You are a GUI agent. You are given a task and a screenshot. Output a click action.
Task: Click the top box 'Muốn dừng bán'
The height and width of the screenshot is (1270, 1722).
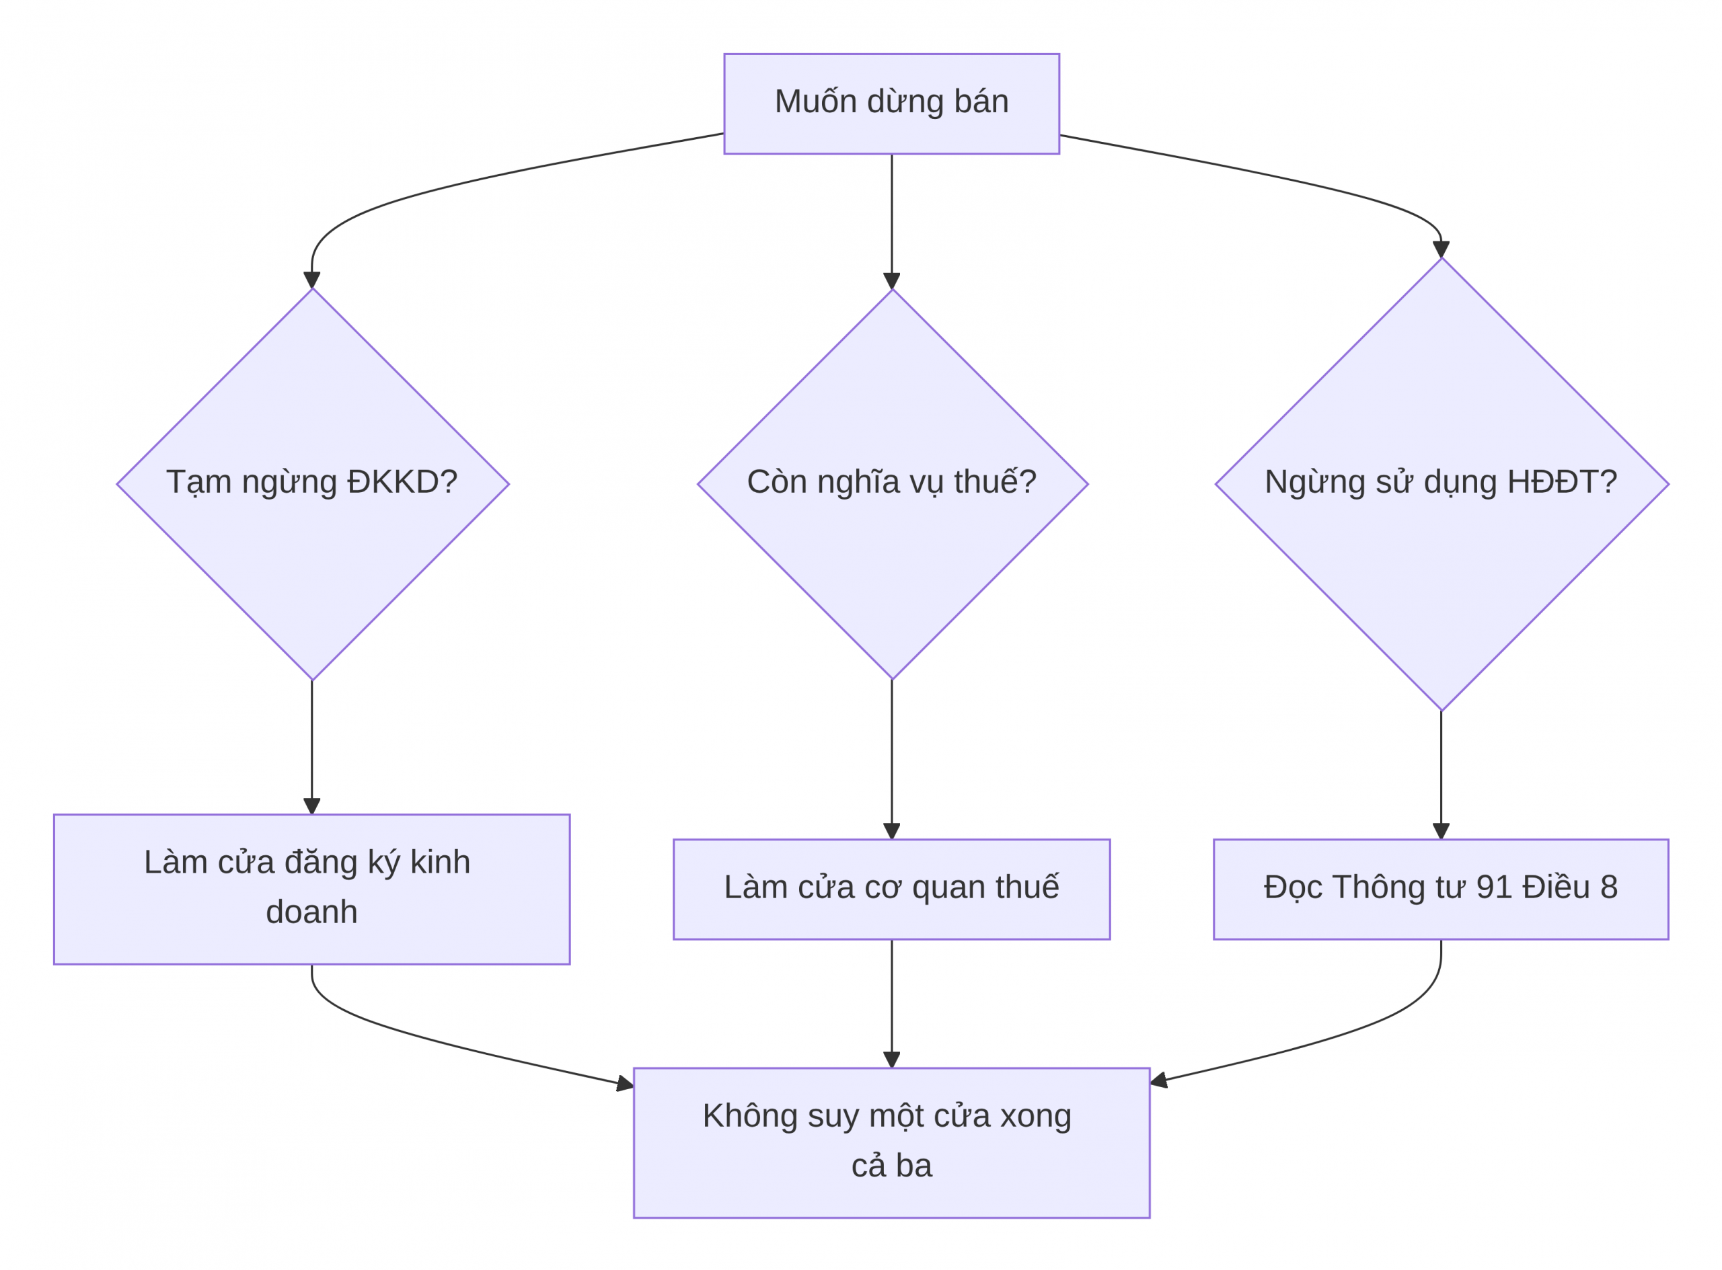point(891,104)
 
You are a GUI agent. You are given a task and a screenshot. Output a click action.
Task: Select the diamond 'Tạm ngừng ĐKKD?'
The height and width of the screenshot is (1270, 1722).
point(312,484)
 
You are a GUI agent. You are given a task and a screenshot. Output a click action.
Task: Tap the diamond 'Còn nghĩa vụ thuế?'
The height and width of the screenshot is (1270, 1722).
point(892,484)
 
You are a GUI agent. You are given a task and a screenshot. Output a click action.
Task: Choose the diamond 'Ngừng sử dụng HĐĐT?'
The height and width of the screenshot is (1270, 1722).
point(1442,484)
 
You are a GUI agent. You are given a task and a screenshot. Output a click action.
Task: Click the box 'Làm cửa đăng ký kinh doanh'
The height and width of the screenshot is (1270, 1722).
point(311,889)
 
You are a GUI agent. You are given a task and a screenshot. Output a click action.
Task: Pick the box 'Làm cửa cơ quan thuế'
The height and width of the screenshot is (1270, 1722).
point(891,889)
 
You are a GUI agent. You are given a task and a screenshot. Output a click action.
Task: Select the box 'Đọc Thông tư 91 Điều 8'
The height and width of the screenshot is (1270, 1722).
point(1441,889)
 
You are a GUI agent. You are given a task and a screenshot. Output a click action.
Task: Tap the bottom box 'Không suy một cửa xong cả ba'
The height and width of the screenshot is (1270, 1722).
point(891,1143)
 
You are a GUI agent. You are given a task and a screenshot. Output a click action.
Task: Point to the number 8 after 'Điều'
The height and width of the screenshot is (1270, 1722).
point(1609,888)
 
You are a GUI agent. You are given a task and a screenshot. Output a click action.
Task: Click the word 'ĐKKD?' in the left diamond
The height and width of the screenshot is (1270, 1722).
point(402,482)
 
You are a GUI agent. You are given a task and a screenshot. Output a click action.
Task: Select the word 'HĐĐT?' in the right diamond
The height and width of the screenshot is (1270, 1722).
point(1562,482)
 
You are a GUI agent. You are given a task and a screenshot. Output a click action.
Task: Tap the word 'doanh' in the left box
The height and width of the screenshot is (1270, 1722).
point(311,912)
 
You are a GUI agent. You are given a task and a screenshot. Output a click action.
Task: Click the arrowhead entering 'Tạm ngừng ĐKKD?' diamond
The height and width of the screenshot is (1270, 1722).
point(311,280)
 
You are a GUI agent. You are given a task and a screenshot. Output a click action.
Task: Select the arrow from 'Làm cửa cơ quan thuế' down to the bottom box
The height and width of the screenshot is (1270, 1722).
point(892,1003)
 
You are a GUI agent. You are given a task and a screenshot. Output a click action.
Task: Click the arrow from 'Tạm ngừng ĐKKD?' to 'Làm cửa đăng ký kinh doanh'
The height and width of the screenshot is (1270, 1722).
point(311,747)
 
